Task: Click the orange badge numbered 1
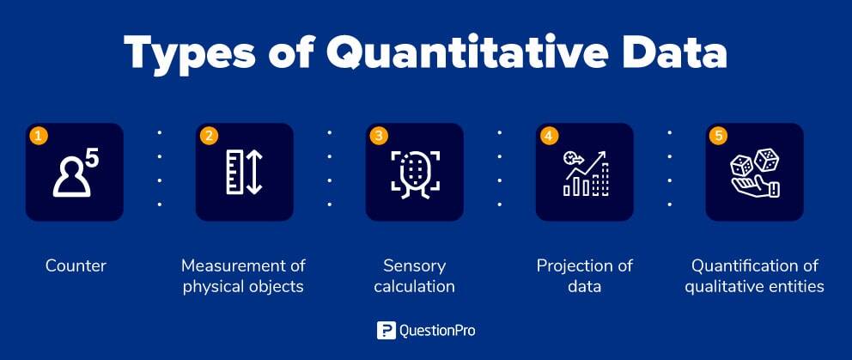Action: click(x=38, y=136)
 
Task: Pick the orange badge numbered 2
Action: click(x=208, y=136)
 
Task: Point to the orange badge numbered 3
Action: click(x=379, y=136)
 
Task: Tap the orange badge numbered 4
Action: click(x=549, y=136)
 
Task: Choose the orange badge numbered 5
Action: click(x=718, y=136)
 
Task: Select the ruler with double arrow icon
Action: click(x=245, y=172)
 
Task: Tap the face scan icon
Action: click(x=415, y=174)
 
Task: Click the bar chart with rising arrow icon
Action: click(x=586, y=173)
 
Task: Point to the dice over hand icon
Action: click(x=755, y=173)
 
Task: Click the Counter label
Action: click(x=76, y=266)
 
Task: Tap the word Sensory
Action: click(x=415, y=266)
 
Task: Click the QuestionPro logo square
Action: click(x=386, y=330)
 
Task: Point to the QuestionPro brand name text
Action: click(x=437, y=331)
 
